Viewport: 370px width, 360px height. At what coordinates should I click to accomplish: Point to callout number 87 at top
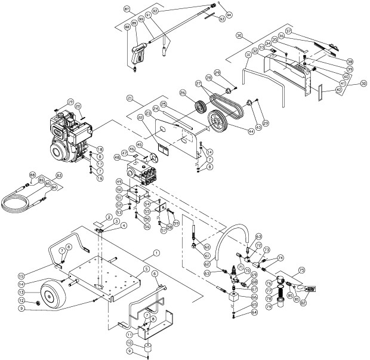pyautogui.click(x=127, y=10)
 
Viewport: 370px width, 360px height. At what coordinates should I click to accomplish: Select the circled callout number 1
pyautogui.click(x=156, y=253)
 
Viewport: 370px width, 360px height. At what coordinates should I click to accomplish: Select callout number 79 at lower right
pyautogui.click(x=285, y=307)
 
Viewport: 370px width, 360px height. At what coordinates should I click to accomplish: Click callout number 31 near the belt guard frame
pyautogui.click(x=248, y=56)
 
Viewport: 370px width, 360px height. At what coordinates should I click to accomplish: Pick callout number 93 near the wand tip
pyautogui.click(x=221, y=20)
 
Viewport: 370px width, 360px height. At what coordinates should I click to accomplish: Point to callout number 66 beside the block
pyautogui.click(x=255, y=296)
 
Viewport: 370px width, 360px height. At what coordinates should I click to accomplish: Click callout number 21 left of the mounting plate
pyautogui.click(x=129, y=97)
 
